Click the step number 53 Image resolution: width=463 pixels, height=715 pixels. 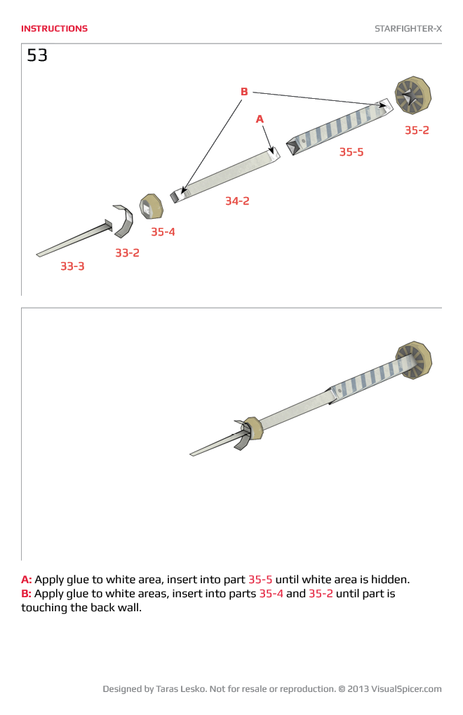pyautogui.click(x=37, y=55)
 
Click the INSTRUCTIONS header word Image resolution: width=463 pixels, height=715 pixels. pyautogui.click(x=54, y=29)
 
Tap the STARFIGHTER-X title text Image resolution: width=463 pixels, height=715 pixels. pyautogui.click(x=408, y=29)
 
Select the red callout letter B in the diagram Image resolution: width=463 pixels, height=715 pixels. pyautogui.click(x=244, y=92)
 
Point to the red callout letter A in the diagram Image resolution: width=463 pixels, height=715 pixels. pyautogui.click(x=260, y=120)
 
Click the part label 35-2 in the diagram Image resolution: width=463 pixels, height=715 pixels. pyautogui.click(x=417, y=130)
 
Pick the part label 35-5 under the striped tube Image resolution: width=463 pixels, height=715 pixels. pyautogui.click(x=351, y=152)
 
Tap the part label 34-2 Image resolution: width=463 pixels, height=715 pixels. pyautogui.click(x=237, y=201)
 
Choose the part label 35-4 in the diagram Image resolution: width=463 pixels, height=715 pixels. pyautogui.click(x=163, y=232)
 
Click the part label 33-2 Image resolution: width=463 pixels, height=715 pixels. pyautogui.click(x=127, y=253)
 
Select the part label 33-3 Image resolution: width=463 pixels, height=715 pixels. pyautogui.click(x=72, y=266)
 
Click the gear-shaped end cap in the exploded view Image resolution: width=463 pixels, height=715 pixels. pyautogui.click(x=412, y=96)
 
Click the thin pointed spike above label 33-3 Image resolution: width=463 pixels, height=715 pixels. pyautogui.click(x=74, y=240)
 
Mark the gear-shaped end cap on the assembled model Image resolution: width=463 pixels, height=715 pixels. pyautogui.click(x=413, y=360)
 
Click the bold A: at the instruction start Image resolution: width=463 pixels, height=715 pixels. pyautogui.click(x=27, y=580)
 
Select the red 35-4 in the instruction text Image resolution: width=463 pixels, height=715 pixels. pyautogui.click(x=271, y=594)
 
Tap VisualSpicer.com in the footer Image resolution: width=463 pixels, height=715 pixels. pyautogui.click(x=406, y=689)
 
